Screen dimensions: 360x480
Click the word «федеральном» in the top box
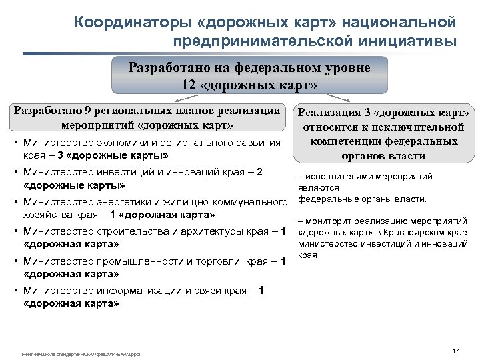(255, 69)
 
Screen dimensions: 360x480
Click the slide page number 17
(456, 351)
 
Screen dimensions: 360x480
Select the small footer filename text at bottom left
(81, 353)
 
